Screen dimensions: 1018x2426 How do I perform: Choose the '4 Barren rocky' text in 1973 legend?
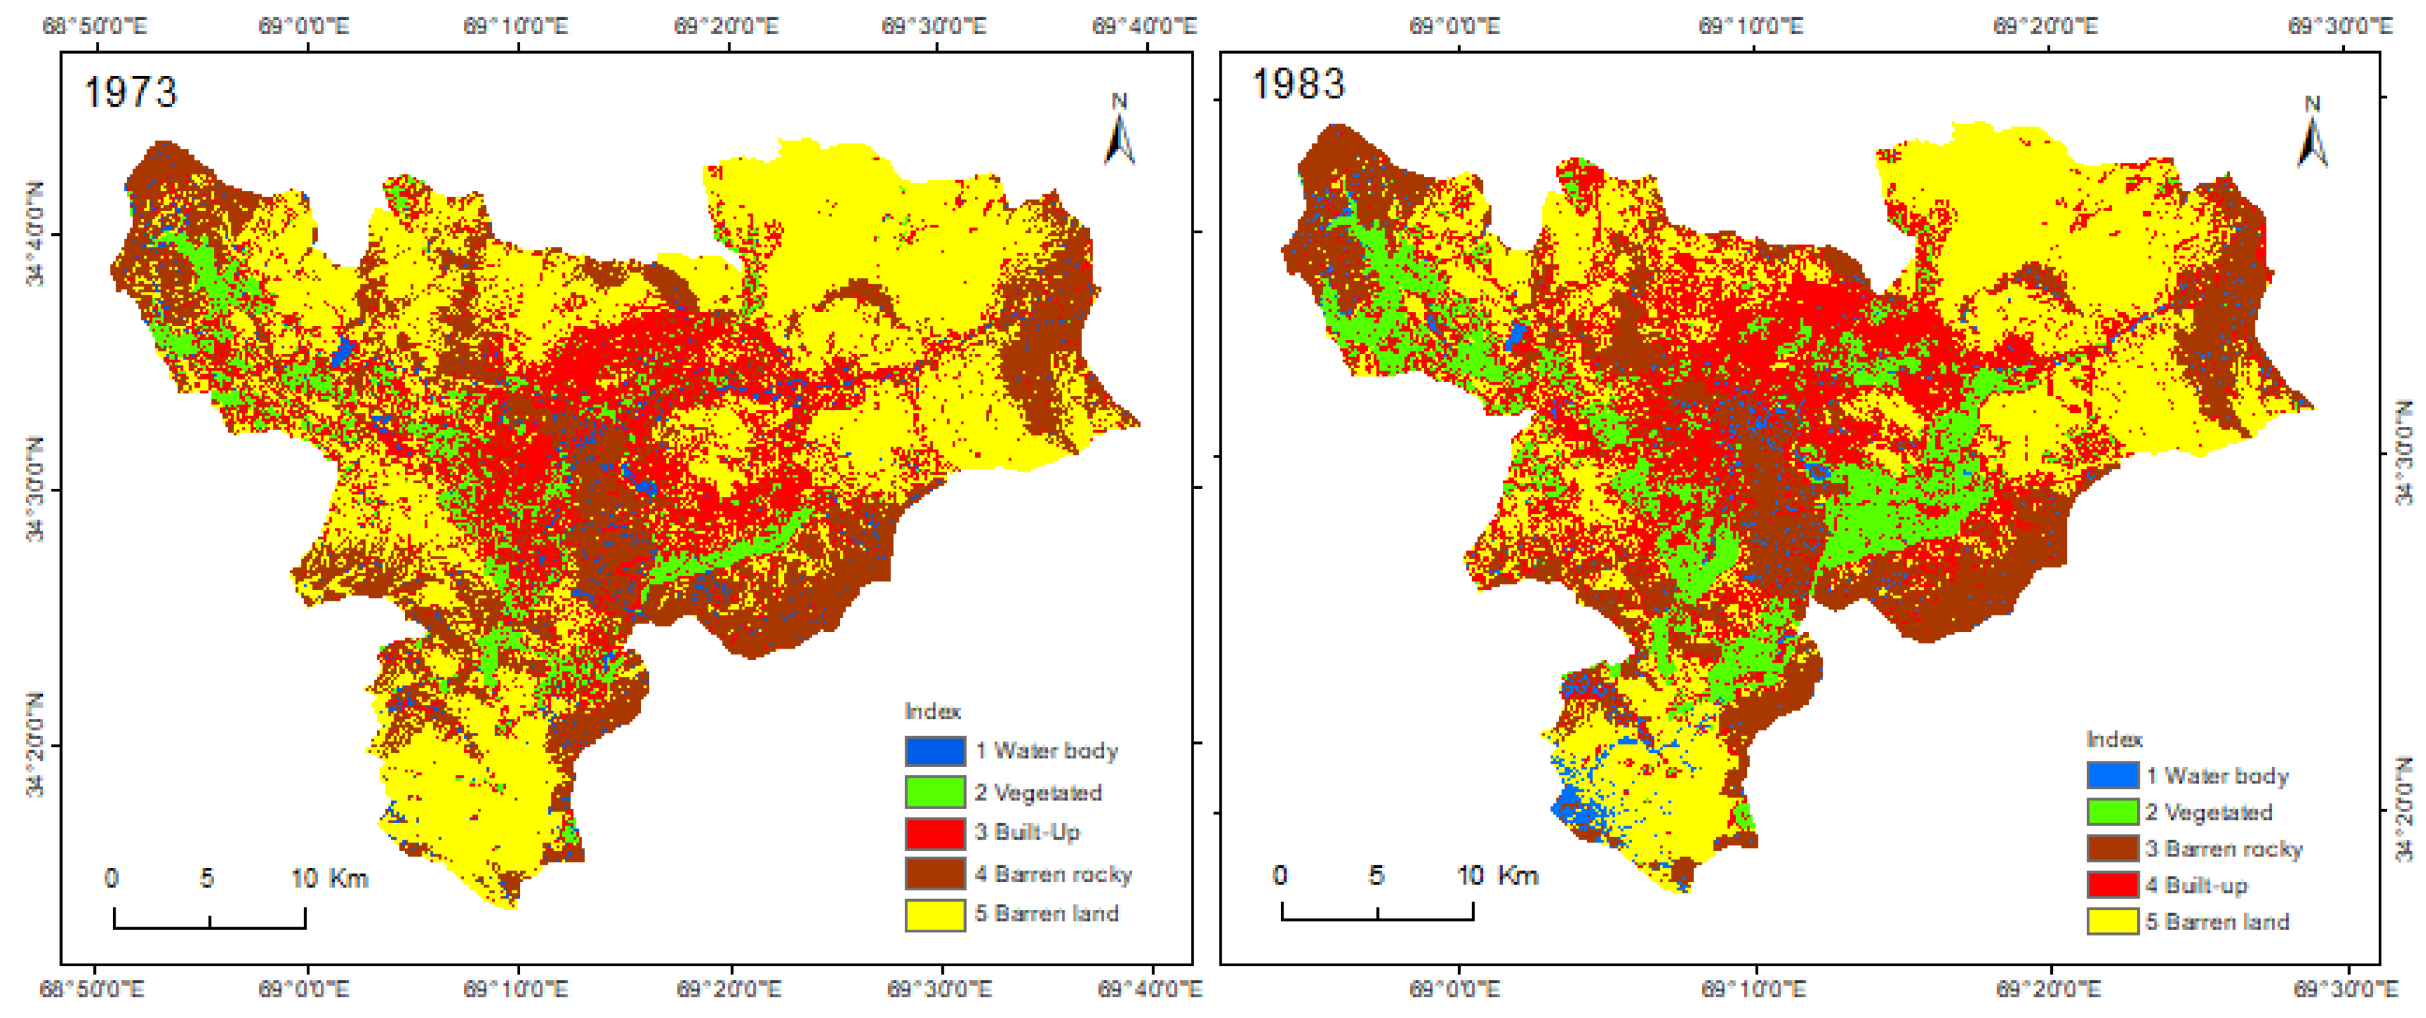[x=1053, y=874]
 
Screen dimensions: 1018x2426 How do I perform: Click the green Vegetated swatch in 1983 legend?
[x=2112, y=812]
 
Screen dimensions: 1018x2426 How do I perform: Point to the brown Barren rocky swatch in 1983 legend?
[x=2112, y=849]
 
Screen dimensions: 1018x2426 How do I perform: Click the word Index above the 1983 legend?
[x=2114, y=739]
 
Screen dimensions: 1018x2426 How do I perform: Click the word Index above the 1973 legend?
[x=932, y=711]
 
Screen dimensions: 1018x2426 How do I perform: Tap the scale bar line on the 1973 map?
[x=209, y=927]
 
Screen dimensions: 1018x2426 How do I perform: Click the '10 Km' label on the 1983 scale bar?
[x=1498, y=875]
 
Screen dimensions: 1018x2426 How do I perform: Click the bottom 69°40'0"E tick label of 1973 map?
[x=1149, y=989]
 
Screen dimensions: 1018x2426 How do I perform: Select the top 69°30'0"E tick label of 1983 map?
[x=2338, y=26]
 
